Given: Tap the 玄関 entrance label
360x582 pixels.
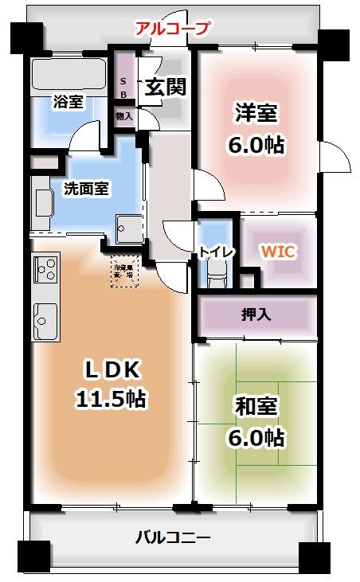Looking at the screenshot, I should click(164, 86).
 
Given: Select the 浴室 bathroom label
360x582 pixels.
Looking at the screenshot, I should click(69, 101).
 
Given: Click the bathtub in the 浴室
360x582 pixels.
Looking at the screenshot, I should click(68, 76).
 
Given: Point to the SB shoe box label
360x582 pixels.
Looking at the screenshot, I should click(123, 87).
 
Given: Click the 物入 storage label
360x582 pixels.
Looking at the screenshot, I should click(123, 116).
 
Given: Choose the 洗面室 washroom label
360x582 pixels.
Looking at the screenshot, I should click(86, 189).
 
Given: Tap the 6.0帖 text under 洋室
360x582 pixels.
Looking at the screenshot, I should click(256, 145).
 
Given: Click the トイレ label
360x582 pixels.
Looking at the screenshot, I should click(217, 252).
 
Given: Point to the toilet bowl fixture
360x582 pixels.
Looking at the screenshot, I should click(217, 276).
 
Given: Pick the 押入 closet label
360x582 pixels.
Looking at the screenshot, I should click(256, 314).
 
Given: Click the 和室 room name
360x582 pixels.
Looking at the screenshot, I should click(256, 407).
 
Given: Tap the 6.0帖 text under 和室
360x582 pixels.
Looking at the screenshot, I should click(256, 437).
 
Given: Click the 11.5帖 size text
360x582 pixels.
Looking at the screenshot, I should click(111, 398).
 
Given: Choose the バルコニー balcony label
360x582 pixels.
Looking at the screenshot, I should click(173, 537).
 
